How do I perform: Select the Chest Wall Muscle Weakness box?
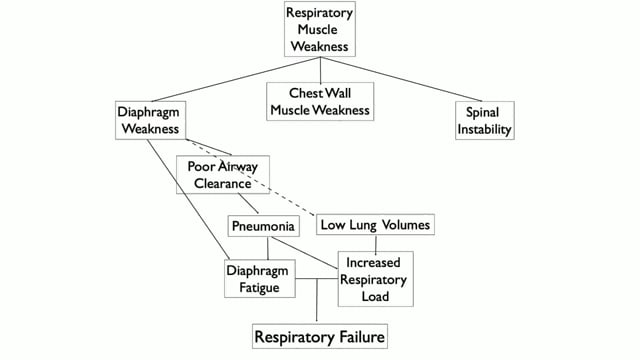[x=320, y=101]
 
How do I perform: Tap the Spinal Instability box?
[x=483, y=120]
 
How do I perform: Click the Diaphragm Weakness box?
[x=147, y=120]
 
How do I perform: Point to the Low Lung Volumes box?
[x=375, y=225]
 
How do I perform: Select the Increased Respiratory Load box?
[x=375, y=278]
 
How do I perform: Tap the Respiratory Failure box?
[x=318, y=335]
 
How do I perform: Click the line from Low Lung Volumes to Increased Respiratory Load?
[x=375, y=243]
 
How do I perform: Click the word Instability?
[x=483, y=130]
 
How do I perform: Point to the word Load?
[x=375, y=296]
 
